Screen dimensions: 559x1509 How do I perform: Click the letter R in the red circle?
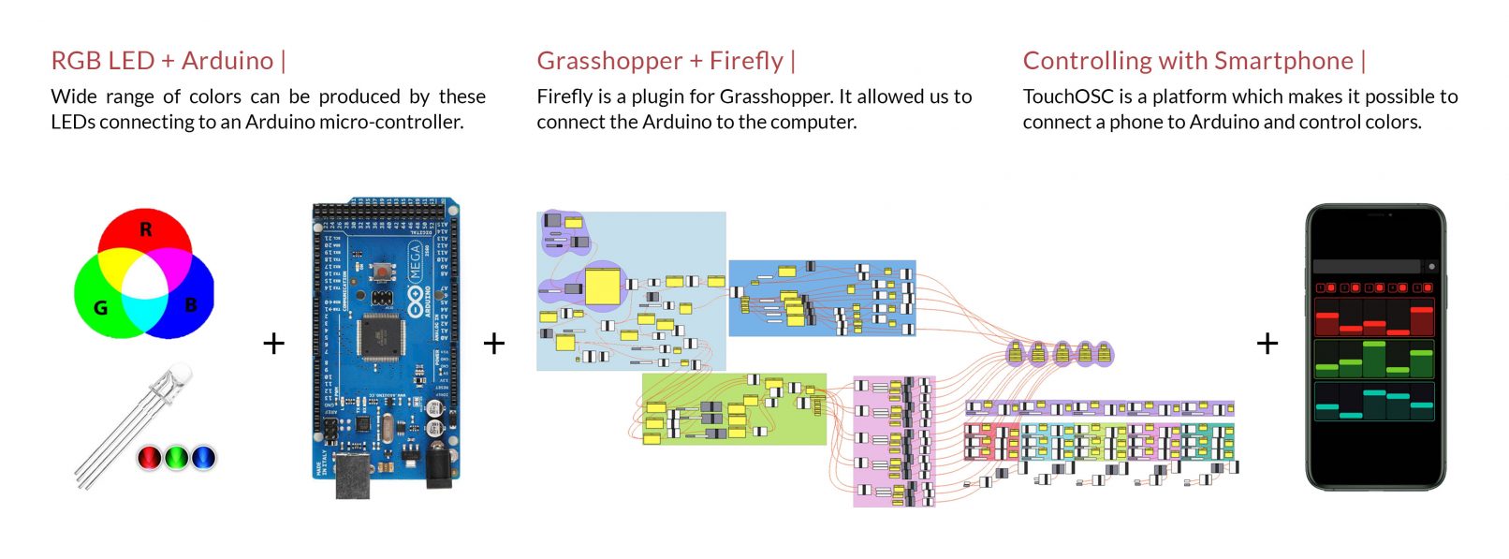[x=146, y=229]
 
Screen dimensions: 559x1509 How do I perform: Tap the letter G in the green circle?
[x=100, y=307]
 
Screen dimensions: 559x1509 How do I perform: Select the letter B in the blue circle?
[x=191, y=305]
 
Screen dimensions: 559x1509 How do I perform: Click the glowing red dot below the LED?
[x=150, y=457]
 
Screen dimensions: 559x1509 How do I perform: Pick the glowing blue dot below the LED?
[x=203, y=457]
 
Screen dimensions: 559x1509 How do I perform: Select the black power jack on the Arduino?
[x=438, y=465]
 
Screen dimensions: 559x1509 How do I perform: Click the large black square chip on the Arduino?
[x=380, y=335]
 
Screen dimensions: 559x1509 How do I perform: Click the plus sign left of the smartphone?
[x=1267, y=344]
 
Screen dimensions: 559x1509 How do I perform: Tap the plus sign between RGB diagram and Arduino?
[x=273, y=344]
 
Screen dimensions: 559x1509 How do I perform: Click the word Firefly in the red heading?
[x=746, y=61]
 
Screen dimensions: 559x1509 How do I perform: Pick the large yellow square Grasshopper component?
[x=602, y=287]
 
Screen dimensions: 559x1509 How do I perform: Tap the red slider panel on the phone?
[x=1373, y=317]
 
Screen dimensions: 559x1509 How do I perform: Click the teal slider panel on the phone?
[x=1373, y=401]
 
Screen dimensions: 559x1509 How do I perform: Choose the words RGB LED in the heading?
[x=103, y=61]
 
